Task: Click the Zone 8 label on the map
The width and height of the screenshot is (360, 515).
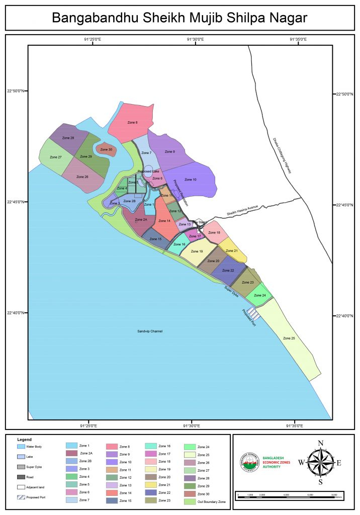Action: [132, 123]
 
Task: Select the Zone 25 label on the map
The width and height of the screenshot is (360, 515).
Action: [289, 338]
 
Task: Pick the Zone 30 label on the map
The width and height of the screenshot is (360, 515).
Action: [106, 149]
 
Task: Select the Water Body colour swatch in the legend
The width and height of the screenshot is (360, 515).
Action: [21, 446]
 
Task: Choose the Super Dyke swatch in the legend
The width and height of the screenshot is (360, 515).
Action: [21, 467]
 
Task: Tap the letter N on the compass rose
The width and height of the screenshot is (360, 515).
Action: [321, 443]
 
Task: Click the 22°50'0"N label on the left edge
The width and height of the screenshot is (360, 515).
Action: [15, 91]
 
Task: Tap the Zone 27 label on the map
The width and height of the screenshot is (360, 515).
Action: [56, 157]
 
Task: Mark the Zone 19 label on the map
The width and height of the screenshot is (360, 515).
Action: [197, 251]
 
